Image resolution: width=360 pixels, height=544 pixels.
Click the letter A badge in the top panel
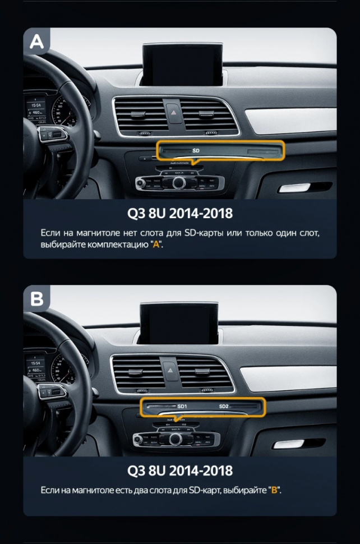point(36,42)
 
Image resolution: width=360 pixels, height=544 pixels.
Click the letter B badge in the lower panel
point(36,299)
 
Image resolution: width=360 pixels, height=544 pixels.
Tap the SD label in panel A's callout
point(196,151)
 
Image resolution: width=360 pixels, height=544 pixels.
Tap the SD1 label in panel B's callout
point(182,406)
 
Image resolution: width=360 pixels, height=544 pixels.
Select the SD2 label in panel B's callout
point(224,406)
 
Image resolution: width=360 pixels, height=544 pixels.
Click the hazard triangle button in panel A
point(173,110)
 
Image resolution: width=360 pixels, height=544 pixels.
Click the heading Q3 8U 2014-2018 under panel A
point(180,214)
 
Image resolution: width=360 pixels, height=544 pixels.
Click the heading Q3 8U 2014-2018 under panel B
point(180,470)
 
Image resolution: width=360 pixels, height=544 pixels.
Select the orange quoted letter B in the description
point(274,491)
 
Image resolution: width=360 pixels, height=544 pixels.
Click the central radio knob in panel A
point(179,182)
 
